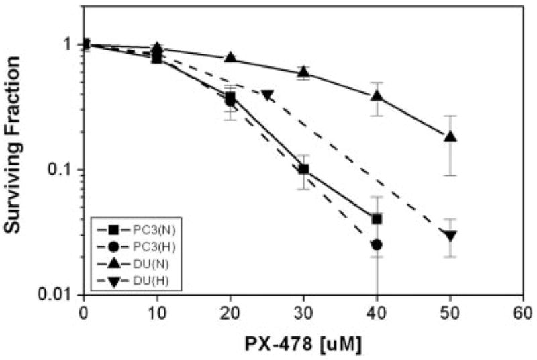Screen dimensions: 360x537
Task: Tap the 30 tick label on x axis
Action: [303, 312]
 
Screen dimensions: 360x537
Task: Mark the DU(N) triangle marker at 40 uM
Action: [377, 96]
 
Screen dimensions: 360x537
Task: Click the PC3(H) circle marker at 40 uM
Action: [377, 244]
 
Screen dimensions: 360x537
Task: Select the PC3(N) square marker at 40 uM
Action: [377, 219]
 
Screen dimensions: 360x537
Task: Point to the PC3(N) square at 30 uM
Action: [303, 169]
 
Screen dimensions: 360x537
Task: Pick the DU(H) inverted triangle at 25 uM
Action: [267, 95]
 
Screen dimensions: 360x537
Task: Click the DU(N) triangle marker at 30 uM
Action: [303, 72]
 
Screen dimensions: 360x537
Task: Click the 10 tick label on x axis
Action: [156, 312]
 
